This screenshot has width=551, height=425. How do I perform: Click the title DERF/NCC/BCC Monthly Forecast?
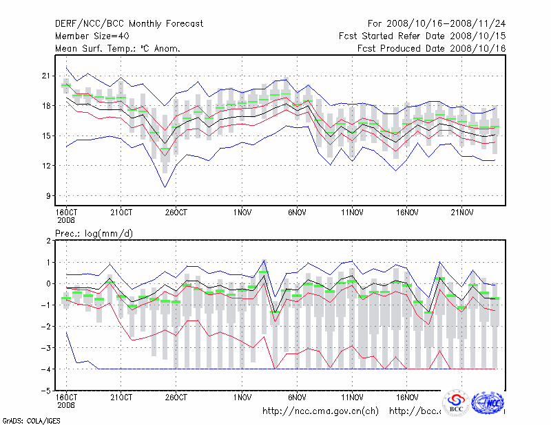tap(129, 24)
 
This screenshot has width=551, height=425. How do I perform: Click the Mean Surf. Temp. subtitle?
tap(118, 48)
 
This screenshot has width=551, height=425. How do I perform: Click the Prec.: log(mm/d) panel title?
tap(94, 233)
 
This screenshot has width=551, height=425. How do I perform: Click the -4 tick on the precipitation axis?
tap(45, 369)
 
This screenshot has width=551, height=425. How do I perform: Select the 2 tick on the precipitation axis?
tap(47, 241)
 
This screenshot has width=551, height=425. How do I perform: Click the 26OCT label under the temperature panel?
tap(176, 212)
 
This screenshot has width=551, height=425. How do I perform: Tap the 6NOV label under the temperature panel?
tap(297, 212)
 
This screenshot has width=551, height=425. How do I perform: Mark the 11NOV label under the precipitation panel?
tap(352, 397)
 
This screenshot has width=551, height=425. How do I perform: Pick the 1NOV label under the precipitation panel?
tap(242, 397)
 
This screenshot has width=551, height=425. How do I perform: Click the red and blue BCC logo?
tap(456, 403)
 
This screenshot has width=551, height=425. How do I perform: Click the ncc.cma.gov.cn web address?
tap(321, 411)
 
